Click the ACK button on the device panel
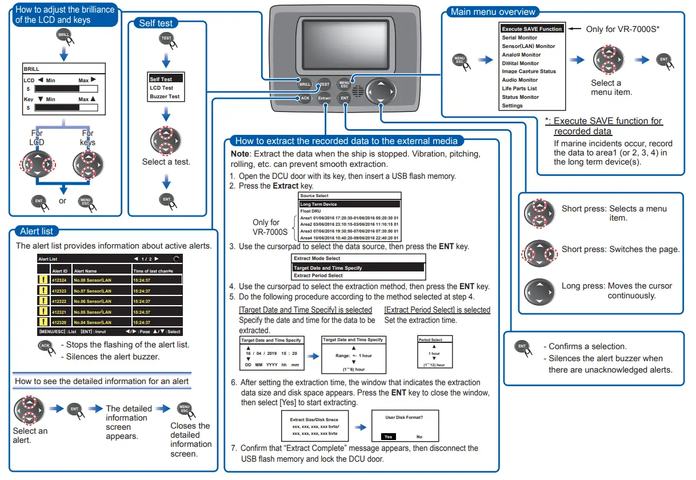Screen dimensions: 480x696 pyautogui.click(x=305, y=98)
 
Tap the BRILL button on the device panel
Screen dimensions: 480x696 pyautogui.click(x=305, y=84)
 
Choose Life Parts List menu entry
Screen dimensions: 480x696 pyautogui.click(x=519, y=89)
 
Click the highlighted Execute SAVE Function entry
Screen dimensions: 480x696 pyautogui.click(x=531, y=29)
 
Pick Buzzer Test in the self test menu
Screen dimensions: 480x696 pyautogui.click(x=165, y=97)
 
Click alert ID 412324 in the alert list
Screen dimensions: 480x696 pyautogui.click(x=59, y=280)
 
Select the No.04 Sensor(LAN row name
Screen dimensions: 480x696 pyautogui.click(x=92, y=322)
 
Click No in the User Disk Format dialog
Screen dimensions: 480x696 pyautogui.click(x=419, y=437)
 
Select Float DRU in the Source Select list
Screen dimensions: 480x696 pyautogui.click(x=310, y=211)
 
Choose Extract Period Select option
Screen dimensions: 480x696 pyautogui.click(x=318, y=275)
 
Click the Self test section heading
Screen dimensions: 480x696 pyautogui.click(x=156, y=23)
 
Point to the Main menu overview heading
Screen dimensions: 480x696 pyautogui.click(x=493, y=11)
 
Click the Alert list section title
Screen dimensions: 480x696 pyautogui.click(x=37, y=231)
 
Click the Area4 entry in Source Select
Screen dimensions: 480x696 pyautogui.click(x=349, y=238)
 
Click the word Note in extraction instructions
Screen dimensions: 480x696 pyautogui.click(x=239, y=154)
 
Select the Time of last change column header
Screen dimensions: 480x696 pyautogui.click(x=153, y=271)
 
